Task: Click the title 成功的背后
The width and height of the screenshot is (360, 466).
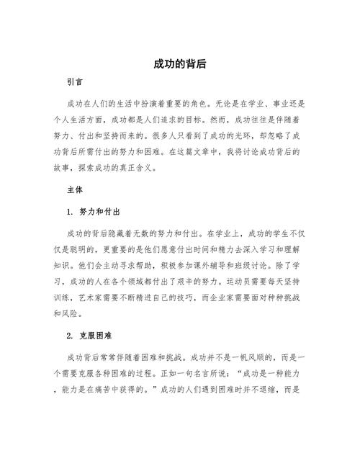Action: [180, 64]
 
